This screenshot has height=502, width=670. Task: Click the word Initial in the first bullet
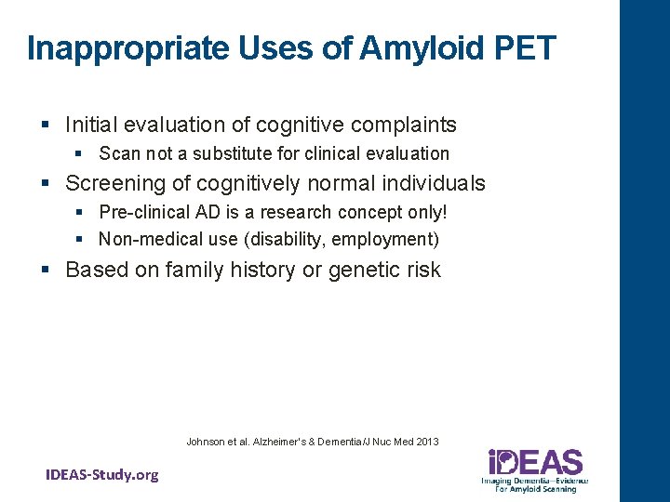point(92,125)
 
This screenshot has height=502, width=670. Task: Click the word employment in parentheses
point(384,239)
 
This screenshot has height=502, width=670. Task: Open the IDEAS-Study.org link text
point(102,475)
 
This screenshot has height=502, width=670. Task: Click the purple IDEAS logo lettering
point(535,463)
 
